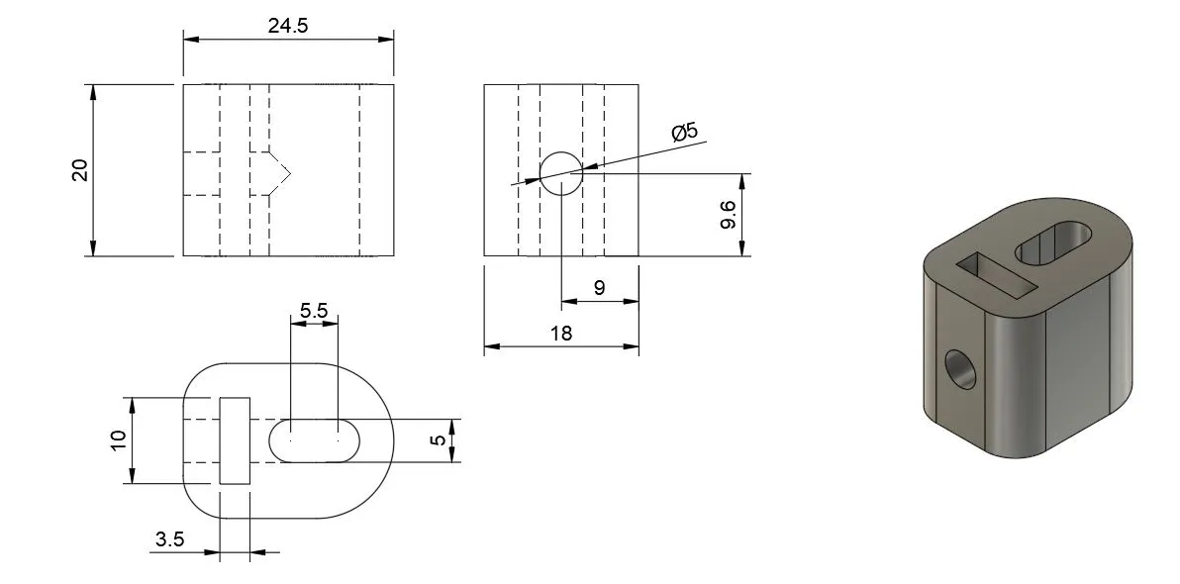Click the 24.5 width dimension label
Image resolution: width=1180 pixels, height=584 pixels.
point(288,27)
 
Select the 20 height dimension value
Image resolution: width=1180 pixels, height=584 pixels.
point(80,170)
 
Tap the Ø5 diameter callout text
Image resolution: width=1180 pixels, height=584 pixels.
point(684,133)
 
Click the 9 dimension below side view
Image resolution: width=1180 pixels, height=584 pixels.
point(599,288)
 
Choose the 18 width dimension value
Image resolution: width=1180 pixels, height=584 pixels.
point(560,334)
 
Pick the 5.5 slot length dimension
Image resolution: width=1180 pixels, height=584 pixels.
point(314,310)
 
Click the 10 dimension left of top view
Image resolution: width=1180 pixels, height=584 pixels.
point(118,440)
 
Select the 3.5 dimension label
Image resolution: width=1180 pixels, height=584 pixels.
point(169,539)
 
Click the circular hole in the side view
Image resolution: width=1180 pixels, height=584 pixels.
point(560,172)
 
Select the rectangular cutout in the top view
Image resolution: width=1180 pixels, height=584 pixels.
point(235,440)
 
